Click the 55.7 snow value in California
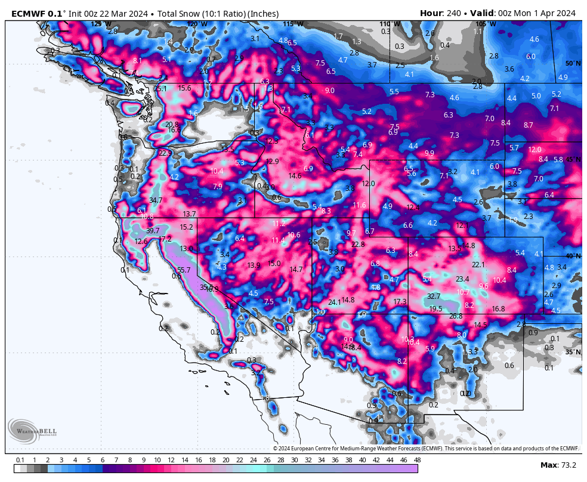(184, 270)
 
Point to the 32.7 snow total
(434, 296)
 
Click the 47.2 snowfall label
(165, 239)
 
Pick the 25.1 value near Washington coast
(160, 89)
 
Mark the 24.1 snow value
(334, 302)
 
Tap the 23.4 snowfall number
(462, 279)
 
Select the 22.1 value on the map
(478, 265)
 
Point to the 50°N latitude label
(573, 63)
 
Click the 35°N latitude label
(573, 352)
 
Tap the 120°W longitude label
(197, 24)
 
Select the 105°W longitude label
(486, 24)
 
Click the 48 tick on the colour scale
(417, 460)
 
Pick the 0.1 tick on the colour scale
(20, 460)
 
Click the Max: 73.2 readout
(557, 465)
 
